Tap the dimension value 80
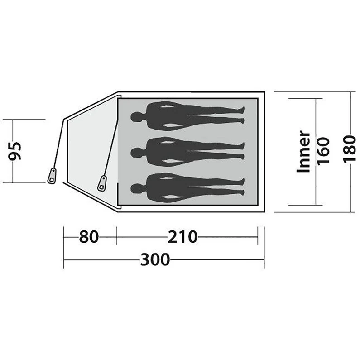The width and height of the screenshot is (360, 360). (89, 236)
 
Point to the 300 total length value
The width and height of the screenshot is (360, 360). (155, 260)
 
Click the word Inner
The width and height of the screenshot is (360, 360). (303, 152)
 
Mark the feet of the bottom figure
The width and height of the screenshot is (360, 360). (242, 187)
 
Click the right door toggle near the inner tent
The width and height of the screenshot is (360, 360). (102, 182)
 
